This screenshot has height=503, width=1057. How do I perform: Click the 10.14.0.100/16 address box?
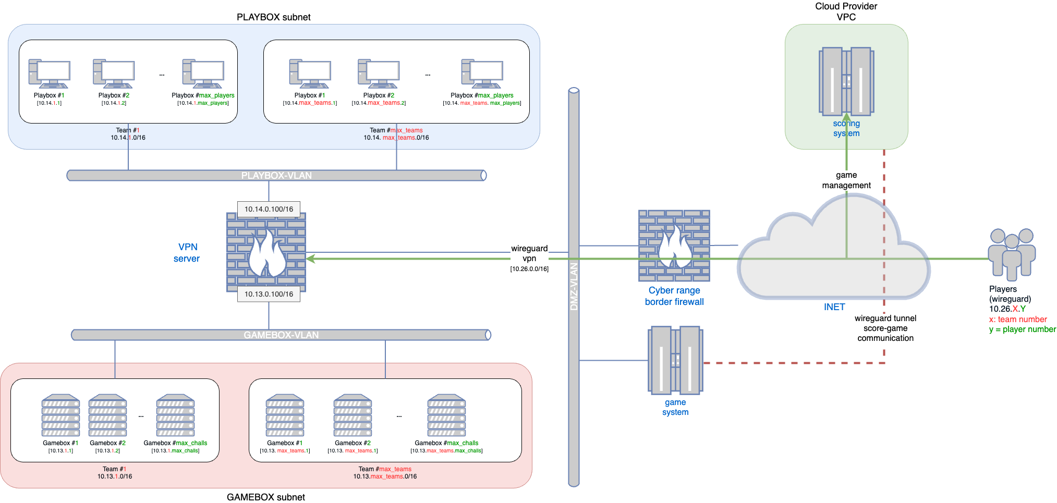point(269,209)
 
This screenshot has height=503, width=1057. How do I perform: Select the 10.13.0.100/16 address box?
point(269,294)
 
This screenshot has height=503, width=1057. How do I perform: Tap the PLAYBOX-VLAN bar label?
point(276,176)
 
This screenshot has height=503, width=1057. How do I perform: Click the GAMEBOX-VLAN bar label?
point(281,335)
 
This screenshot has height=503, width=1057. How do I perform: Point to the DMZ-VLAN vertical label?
point(574,287)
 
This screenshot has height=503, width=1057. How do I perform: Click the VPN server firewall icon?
point(266,252)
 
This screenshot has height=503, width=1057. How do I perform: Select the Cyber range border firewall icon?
point(674,246)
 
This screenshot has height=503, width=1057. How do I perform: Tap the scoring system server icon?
point(846,81)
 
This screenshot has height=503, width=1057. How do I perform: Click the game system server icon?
point(675,360)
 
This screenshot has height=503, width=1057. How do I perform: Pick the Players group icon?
point(1012,253)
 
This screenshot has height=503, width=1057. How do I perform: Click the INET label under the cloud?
point(834,307)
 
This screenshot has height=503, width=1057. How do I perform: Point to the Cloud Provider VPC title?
point(846,11)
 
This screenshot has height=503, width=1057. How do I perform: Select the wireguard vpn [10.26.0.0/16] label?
point(529,258)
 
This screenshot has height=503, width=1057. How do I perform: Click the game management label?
point(846,180)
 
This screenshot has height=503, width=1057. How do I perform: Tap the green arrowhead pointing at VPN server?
point(311,259)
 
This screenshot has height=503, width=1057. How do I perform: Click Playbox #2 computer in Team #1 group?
point(113,73)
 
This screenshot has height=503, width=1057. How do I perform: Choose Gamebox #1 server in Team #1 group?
point(60,415)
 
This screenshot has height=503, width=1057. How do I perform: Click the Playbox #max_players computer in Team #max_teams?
point(482,73)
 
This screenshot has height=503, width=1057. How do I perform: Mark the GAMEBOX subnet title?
point(265,497)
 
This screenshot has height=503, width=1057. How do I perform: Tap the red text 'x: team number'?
point(1018,320)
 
